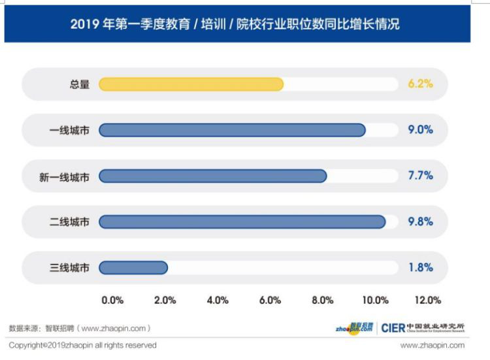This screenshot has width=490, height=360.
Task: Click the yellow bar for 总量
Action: [x=191, y=84]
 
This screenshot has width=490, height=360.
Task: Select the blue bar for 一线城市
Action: [x=232, y=130]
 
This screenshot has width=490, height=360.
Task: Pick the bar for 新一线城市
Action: [x=213, y=176]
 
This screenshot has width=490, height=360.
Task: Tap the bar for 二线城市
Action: [x=242, y=221]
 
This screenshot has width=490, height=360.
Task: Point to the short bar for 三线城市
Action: [x=133, y=267]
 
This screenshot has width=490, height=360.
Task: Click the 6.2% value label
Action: [x=420, y=84]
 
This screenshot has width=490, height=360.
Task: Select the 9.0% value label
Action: [x=420, y=130]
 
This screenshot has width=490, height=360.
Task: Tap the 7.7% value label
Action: [x=420, y=176]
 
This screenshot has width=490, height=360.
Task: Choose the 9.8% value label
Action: [x=420, y=221]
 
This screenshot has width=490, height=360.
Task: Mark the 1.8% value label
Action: [x=420, y=267]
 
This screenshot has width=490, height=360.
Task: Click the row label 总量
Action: [x=80, y=84]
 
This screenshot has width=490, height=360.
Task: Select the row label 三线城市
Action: [x=69, y=268]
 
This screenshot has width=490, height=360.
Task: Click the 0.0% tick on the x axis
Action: [x=112, y=301]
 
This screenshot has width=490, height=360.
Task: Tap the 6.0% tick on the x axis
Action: [x=270, y=301]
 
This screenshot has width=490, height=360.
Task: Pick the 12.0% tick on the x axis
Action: [x=428, y=301]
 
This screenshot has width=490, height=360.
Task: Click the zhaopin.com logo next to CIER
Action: [x=354, y=328]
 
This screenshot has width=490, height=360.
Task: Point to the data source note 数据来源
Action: [x=80, y=328]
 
